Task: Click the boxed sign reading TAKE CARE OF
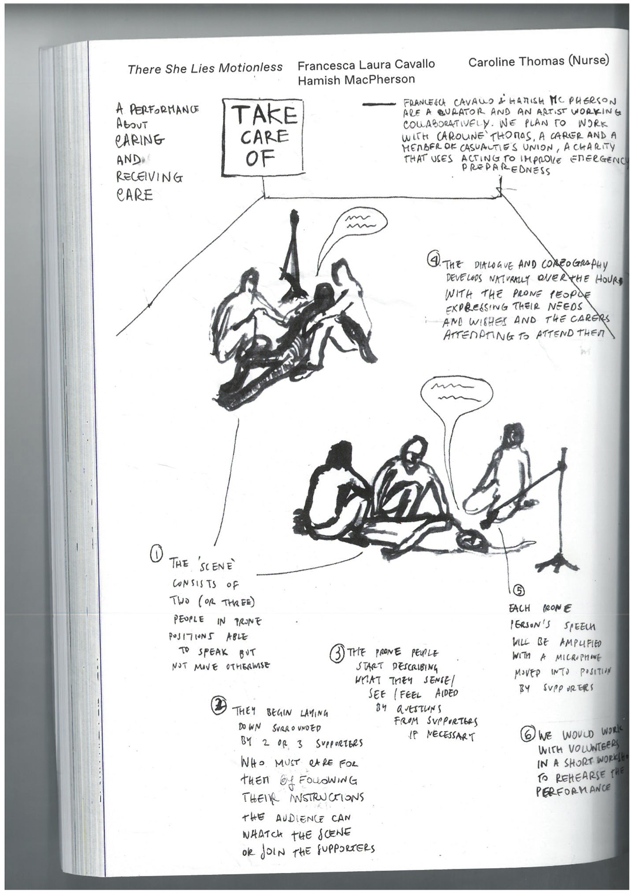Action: (x=263, y=138)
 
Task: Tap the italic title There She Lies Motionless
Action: (x=205, y=68)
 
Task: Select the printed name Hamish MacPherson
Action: (x=356, y=79)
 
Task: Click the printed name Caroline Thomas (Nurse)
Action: (x=538, y=60)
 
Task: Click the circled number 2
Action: (x=218, y=706)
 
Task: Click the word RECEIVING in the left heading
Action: (x=149, y=176)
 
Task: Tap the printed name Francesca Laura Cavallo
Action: (x=366, y=64)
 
